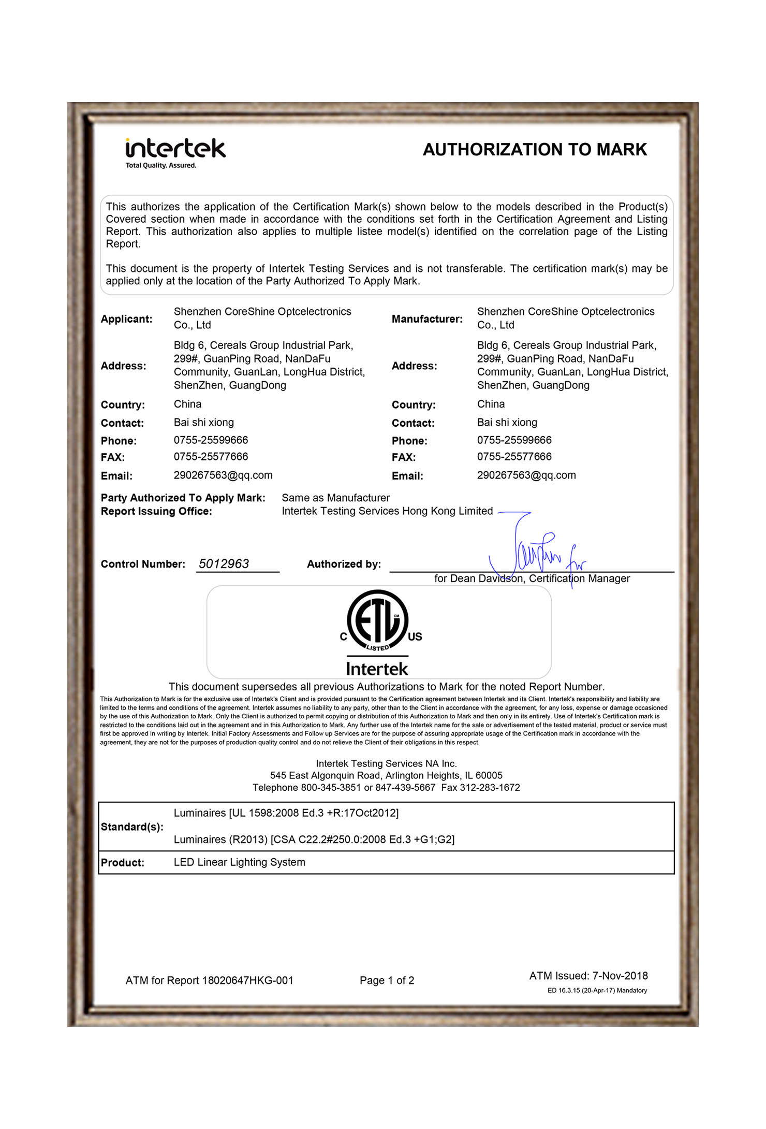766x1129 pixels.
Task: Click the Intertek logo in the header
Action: point(175,152)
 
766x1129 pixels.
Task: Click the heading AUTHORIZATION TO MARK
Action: point(535,150)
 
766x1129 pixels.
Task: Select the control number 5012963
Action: point(224,563)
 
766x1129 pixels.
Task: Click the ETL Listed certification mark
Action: point(378,621)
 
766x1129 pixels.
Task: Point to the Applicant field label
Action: point(126,319)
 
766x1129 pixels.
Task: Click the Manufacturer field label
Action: point(426,319)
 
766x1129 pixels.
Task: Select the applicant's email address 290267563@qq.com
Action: point(223,475)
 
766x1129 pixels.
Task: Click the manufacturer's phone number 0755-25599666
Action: point(514,440)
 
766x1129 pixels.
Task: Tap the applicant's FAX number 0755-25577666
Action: point(211,456)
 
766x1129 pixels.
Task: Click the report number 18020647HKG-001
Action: point(247,980)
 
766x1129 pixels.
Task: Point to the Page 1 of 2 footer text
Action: point(387,980)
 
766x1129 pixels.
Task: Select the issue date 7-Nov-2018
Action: point(620,976)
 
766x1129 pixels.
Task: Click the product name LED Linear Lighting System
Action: point(239,862)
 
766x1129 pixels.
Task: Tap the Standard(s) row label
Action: point(132,827)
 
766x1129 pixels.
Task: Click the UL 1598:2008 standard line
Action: point(286,813)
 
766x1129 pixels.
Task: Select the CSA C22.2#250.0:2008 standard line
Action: point(314,839)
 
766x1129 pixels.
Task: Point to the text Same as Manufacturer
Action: point(335,498)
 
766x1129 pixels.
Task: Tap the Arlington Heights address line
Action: point(386,775)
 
